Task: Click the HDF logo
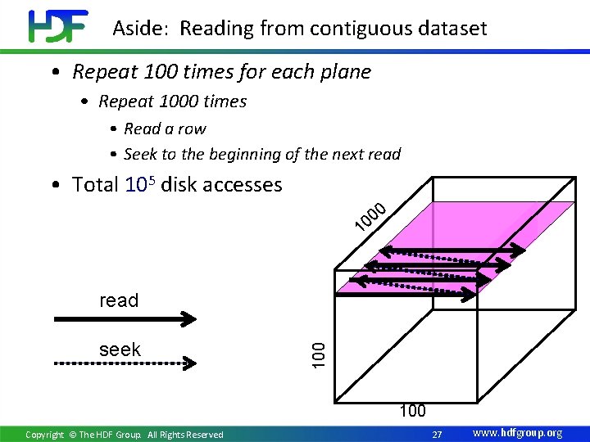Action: click(x=57, y=26)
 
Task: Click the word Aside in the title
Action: click(x=141, y=29)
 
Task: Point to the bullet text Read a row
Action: click(x=165, y=129)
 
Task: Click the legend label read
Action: click(x=119, y=300)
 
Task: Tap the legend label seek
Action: click(x=120, y=350)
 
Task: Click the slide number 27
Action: click(x=437, y=433)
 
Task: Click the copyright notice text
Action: click(x=124, y=434)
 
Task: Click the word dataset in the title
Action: click(x=451, y=29)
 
